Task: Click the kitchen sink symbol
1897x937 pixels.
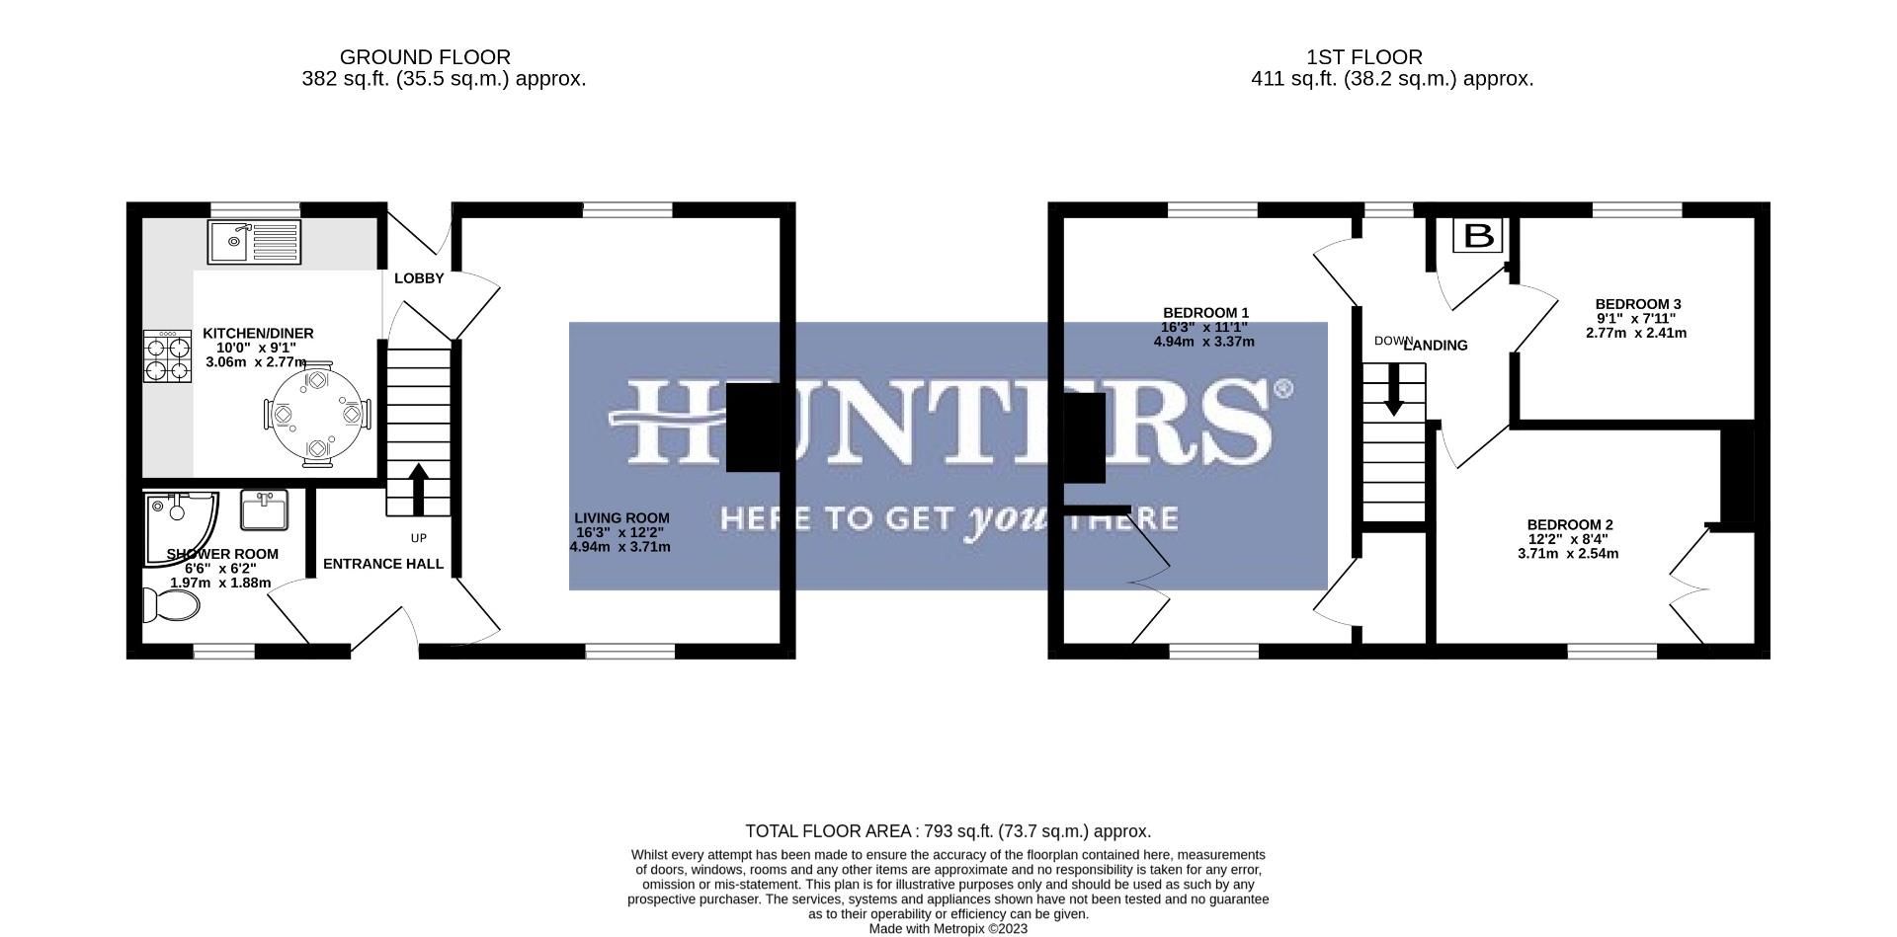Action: [x=254, y=242]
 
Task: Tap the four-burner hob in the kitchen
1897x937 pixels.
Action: [x=167, y=356]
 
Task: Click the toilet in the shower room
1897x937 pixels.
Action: [x=170, y=604]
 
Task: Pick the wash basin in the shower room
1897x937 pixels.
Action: [x=264, y=510]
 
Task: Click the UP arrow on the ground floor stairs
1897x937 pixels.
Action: [x=418, y=489]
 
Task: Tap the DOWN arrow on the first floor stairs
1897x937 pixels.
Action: [x=1394, y=389]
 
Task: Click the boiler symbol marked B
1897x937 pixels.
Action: [x=1478, y=236]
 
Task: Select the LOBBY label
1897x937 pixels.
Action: [x=419, y=278]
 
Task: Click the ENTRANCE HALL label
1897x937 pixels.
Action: [x=383, y=564]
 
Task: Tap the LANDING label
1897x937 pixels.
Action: [x=1436, y=346]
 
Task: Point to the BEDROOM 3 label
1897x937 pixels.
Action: [x=1638, y=304]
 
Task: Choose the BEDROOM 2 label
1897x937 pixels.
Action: [x=1570, y=524]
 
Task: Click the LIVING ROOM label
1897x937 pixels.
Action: [x=621, y=517]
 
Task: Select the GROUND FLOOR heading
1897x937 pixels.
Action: [x=425, y=57]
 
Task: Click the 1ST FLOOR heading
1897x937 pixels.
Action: [x=1364, y=57]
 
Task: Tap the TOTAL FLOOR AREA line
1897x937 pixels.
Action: [x=948, y=831]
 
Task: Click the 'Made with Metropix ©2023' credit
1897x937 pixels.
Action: [x=948, y=929]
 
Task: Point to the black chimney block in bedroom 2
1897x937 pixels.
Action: [x=1737, y=474]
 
